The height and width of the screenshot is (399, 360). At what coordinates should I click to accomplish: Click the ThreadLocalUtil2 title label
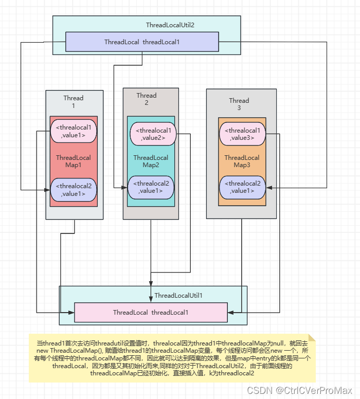point(170,25)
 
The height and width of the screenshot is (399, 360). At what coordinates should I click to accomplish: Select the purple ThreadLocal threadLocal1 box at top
point(142,42)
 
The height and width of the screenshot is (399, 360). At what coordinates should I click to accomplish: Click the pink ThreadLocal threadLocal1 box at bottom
point(151,312)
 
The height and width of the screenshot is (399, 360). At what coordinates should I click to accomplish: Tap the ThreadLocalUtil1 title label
point(178,295)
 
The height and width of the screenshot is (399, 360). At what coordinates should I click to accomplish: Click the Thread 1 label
point(74,102)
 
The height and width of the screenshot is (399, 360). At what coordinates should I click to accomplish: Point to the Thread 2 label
point(147,99)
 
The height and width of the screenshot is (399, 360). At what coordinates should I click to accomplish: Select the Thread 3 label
point(239,104)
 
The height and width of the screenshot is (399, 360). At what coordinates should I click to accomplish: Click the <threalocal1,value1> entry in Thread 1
point(74,131)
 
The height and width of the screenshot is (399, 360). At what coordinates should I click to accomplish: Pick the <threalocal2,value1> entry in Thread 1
point(74,190)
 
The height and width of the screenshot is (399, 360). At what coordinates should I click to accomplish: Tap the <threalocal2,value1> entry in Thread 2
point(151,187)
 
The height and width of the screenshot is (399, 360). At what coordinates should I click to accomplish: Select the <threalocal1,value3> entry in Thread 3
point(243,134)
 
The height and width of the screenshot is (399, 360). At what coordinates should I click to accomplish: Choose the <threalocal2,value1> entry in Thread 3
point(243,187)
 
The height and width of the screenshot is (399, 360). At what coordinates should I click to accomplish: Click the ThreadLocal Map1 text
point(74,161)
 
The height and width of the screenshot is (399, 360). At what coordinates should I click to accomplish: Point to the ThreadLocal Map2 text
point(151,161)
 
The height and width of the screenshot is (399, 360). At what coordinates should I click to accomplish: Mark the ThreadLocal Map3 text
point(242,161)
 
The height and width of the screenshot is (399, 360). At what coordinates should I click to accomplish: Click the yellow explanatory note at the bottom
point(172,358)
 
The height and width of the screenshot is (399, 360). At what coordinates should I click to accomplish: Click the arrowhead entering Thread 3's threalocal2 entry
point(268,189)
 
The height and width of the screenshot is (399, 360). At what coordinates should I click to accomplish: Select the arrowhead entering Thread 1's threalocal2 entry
point(47,190)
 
